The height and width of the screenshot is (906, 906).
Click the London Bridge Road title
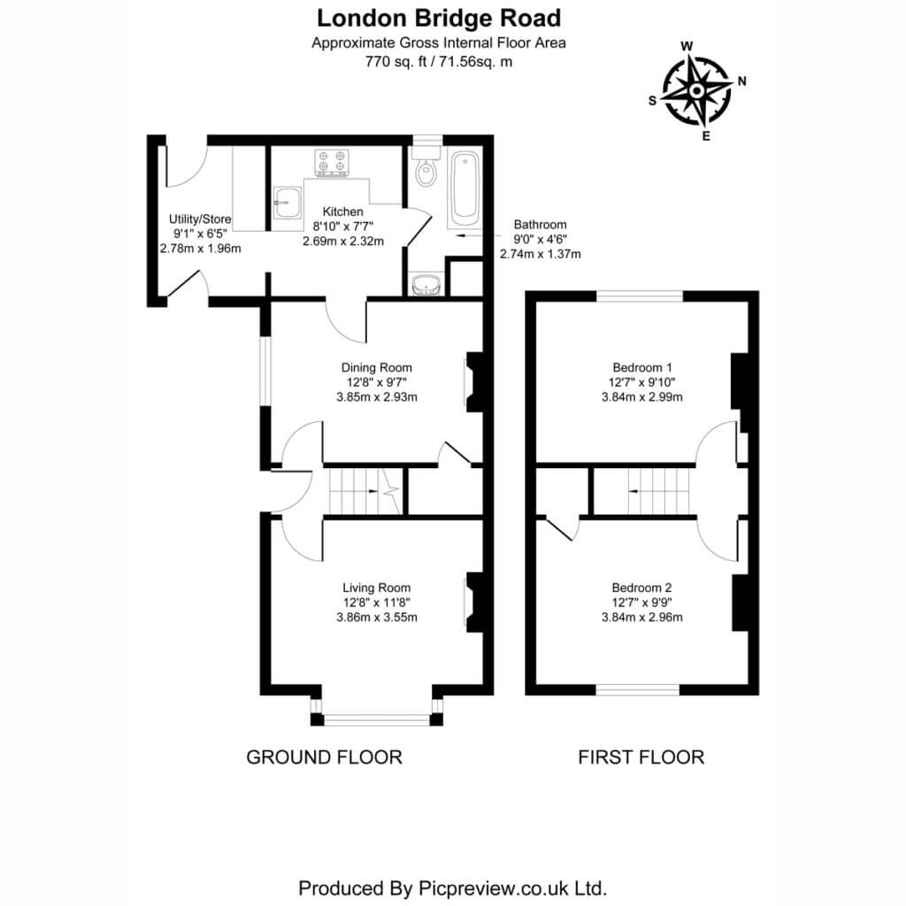439,19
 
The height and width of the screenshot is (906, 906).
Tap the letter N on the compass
742,81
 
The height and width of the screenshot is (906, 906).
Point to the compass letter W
687,47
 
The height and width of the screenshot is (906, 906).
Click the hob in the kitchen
332,163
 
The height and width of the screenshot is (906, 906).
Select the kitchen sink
288,203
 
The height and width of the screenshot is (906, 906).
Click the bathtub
465,188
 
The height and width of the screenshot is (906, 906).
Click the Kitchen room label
342,211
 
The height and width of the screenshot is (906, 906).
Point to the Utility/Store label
200,219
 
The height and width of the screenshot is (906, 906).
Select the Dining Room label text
377,367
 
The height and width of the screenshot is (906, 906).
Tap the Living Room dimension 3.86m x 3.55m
377,617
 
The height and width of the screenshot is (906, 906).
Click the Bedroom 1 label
642,367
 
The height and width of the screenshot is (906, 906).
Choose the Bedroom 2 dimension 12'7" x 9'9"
642,603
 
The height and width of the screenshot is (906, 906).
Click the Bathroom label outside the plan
541,224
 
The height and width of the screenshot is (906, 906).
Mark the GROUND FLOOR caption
324,757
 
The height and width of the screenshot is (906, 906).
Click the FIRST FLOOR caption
641,757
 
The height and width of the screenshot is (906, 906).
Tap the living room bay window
377,719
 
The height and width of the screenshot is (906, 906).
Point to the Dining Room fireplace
474,382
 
